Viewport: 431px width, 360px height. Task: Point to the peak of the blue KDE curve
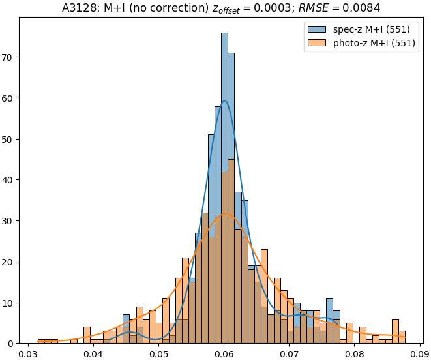pos(224,100)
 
